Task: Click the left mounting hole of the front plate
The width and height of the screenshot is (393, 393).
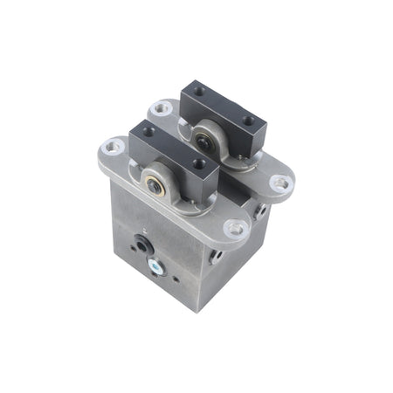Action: pos(112,146)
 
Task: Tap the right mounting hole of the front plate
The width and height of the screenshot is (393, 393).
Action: pos(234,228)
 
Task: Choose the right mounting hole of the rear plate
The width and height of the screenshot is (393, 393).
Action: pos(279,183)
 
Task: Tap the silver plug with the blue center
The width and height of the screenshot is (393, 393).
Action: pos(155,267)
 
